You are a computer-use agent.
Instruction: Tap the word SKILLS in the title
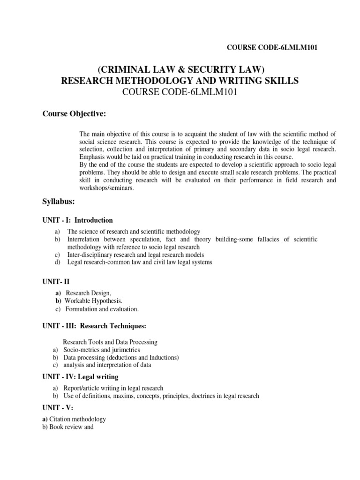click(x=280, y=81)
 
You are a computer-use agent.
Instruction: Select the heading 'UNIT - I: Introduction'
click(x=78, y=220)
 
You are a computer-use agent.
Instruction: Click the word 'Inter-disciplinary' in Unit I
click(x=90, y=255)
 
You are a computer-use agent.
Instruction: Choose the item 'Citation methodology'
click(x=77, y=419)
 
